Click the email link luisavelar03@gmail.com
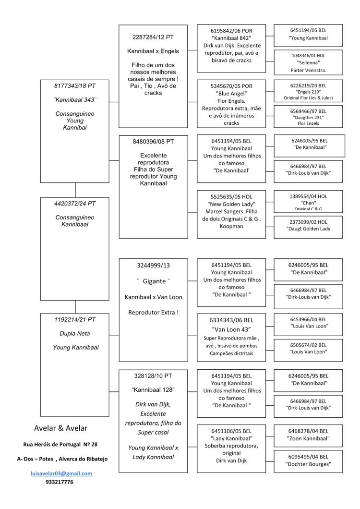(61, 473)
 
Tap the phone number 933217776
(60, 482)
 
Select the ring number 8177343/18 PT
(75, 86)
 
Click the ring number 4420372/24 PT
(75, 204)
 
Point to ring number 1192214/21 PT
(75, 320)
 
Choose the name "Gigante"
(154, 281)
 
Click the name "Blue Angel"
(231, 94)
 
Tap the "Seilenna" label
(308, 62)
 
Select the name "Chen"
(308, 203)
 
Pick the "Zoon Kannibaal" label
(308, 438)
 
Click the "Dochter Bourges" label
(308, 464)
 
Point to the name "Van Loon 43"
(231, 329)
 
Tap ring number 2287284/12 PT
(153, 37)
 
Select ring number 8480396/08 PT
(153, 142)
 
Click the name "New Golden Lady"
(231, 204)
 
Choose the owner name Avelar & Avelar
(60, 428)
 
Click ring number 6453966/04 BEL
(308, 319)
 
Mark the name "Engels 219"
(308, 92)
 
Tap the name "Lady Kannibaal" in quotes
(231, 438)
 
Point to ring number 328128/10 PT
(153, 376)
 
